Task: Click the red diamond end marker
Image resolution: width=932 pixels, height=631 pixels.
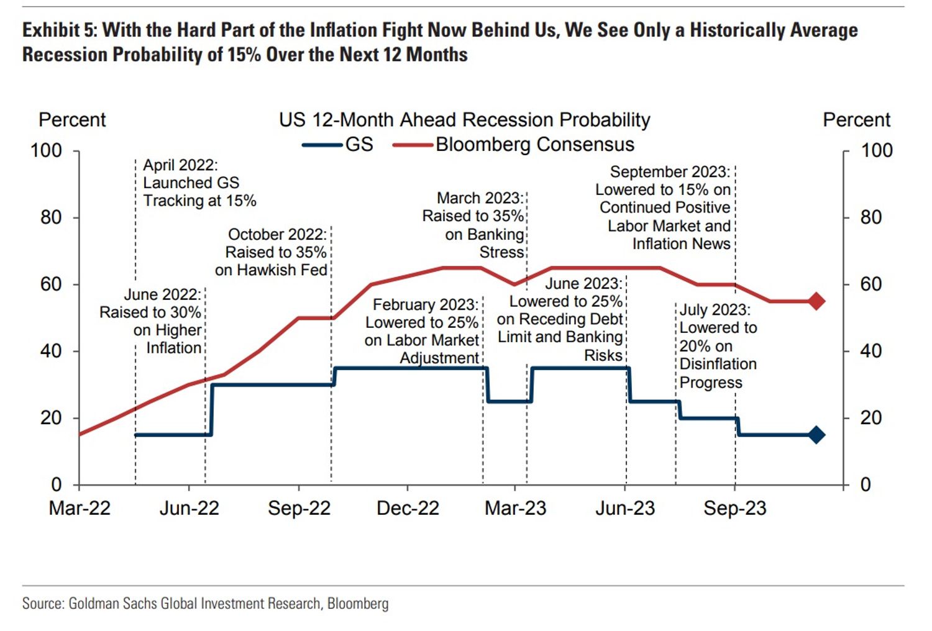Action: pyautogui.click(x=816, y=301)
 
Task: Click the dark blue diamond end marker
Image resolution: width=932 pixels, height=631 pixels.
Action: pyautogui.click(x=816, y=435)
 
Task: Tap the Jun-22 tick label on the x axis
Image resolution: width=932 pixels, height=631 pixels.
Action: pyautogui.click(x=189, y=508)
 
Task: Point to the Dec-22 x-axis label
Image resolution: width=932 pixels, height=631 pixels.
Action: pyautogui.click(x=408, y=508)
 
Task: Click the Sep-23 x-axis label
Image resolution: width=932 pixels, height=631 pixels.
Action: pyautogui.click(x=734, y=508)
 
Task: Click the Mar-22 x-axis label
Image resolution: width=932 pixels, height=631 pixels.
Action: pyautogui.click(x=80, y=508)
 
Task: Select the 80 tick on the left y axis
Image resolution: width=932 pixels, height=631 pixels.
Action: pyautogui.click(x=51, y=217)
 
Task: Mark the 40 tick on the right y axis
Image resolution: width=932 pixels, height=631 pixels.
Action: pyautogui.click(x=870, y=351)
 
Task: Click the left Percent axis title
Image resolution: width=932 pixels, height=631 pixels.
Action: pyautogui.click(x=72, y=120)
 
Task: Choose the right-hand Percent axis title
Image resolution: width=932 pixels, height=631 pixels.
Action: pyautogui.click(x=856, y=120)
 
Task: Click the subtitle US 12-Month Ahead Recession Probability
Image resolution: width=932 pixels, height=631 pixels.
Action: pyautogui.click(x=464, y=120)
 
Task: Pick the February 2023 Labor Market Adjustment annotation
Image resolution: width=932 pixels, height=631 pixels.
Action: pyautogui.click(x=423, y=331)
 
